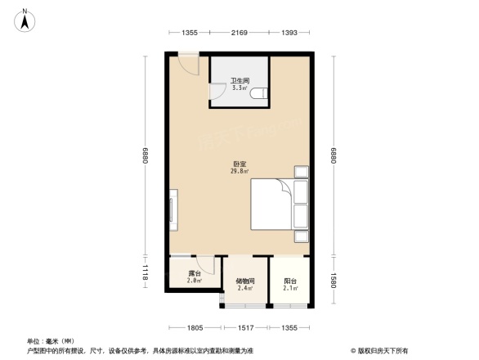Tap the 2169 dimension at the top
[x=239, y=33]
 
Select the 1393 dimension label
[x=289, y=33]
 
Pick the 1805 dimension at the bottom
[x=194, y=328]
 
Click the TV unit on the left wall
[x=172, y=210]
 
